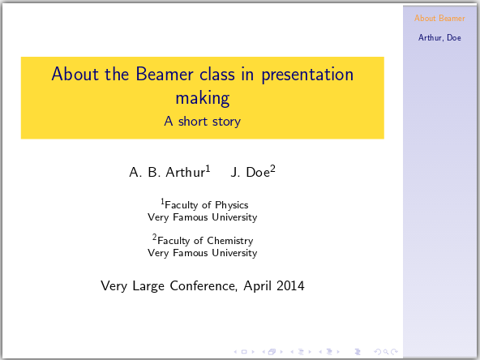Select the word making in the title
click(202, 98)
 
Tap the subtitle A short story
click(202, 122)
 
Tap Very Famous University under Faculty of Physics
click(202, 217)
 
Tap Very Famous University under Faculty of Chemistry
click(202, 253)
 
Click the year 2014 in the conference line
click(289, 285)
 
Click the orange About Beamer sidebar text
click(439, 18)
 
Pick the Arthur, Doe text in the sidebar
click(439, 37)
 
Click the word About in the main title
click(71, 75)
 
